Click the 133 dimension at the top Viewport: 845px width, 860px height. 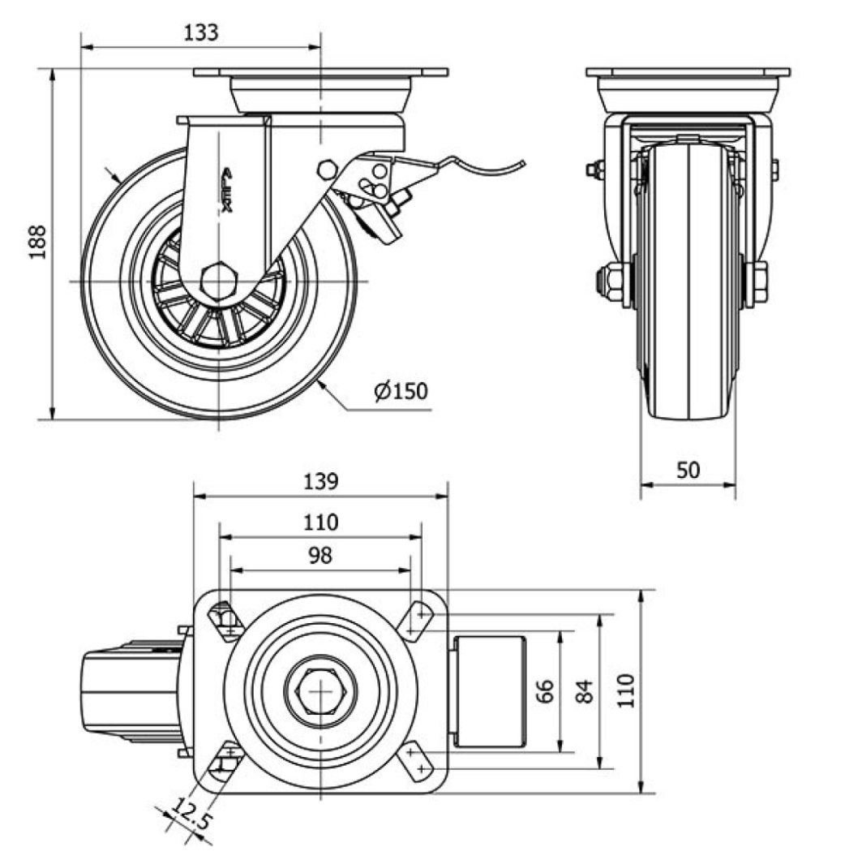[200, 32]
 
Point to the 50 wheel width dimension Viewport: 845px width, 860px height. [687, 469]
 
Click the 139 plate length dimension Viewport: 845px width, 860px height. [320, 481]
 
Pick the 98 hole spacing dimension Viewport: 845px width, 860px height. [320, 555]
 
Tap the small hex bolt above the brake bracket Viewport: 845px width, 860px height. [328, 170]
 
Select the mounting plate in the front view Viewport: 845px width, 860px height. [688, 73]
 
